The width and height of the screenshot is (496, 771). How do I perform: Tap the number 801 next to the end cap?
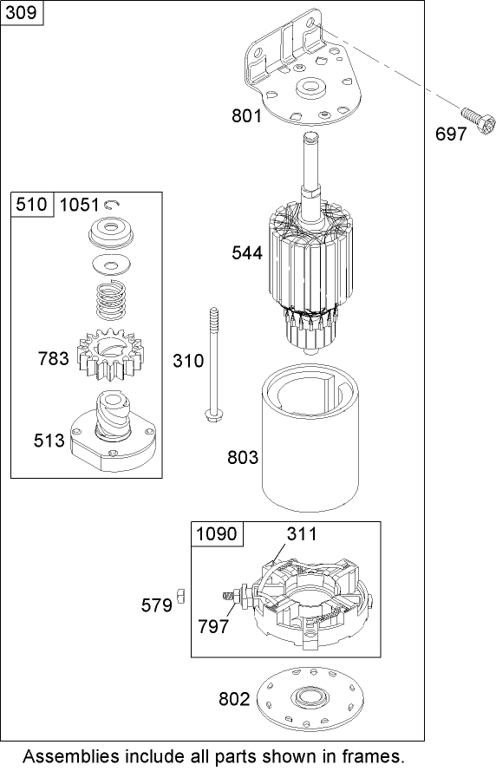point(246,114)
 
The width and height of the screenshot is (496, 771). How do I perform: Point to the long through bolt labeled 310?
point(211,364)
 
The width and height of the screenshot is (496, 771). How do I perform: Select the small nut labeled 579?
point(181,593)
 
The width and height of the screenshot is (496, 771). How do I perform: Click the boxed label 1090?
point(217,534)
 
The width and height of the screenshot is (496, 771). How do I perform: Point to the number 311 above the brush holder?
point(302,534)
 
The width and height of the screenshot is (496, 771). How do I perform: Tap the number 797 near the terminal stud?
point(213,626)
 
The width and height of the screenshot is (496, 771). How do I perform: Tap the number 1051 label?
point(79,205)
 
